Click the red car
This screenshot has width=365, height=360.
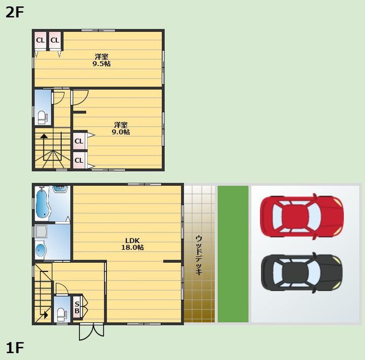(302, 216)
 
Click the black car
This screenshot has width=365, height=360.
(302, 272)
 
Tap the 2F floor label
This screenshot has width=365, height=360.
(15, 12)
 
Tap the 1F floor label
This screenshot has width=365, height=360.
(15, 348)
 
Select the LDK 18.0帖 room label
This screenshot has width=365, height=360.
(132, 244)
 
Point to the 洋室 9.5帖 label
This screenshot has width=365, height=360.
(101, 60)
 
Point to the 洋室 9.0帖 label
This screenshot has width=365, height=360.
(121, 129)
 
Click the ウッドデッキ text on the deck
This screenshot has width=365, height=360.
(199, 255)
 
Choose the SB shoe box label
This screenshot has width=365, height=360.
(77, 307)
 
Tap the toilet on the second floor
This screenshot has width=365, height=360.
(42, 117)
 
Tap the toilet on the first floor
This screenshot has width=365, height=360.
(61, 314)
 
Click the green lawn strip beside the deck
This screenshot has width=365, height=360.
(233, 254)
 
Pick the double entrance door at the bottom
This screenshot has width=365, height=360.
(91, 332)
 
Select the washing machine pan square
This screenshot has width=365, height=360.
(41, 231)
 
